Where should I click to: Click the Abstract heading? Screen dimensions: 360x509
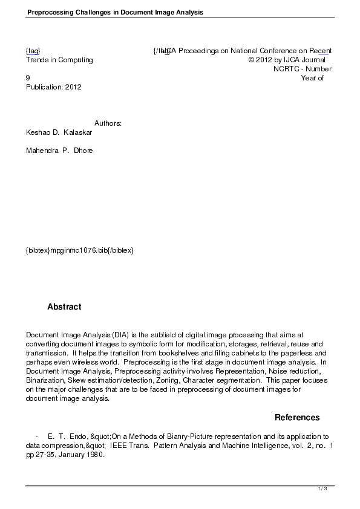(64, 307)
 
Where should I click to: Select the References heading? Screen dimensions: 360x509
(297, 418)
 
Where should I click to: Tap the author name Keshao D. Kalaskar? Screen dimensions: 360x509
(59, 132)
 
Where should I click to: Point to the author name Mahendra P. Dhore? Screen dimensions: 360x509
(59, 151)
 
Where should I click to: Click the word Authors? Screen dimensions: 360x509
(108, 123)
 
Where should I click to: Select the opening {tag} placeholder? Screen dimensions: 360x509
(33, 51)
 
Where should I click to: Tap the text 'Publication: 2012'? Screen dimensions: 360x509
(53, 87)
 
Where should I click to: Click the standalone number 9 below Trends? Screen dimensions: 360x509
(28, 78)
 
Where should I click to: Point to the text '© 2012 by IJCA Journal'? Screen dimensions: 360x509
(287, 60)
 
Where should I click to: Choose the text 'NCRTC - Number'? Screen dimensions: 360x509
(302, 69)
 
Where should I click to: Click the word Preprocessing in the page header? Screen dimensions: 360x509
(49, 11)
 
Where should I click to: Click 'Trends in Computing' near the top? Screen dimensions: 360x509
(59, 60)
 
